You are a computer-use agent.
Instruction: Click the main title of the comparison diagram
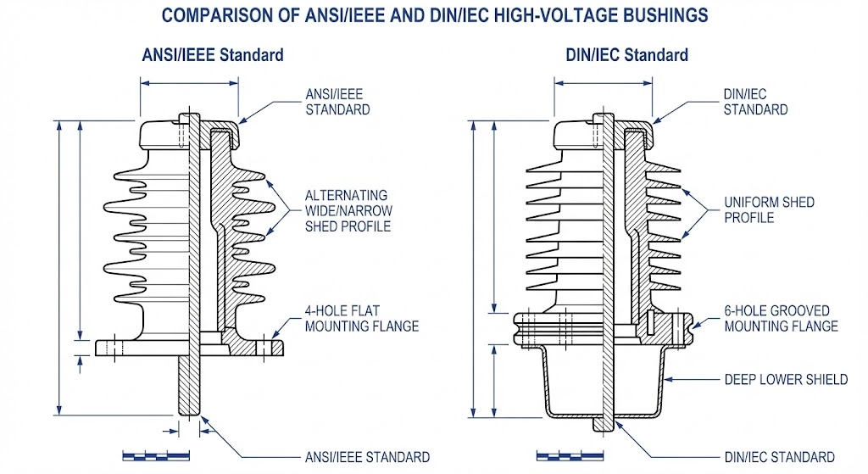[x=434, y=15]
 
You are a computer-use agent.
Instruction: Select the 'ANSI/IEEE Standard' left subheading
[x=212, y=55]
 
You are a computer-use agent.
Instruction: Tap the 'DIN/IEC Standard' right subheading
[x=626, y=55]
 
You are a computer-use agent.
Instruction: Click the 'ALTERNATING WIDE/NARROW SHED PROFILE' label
[x=348, y=210]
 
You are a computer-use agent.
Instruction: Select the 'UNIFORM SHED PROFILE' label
[x=769, y=209]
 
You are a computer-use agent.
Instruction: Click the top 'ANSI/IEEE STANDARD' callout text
[x=337, y=102]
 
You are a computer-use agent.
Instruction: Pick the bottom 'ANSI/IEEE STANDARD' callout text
[x=367, y=457]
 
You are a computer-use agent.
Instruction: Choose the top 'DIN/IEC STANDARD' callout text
[x=755, y=102]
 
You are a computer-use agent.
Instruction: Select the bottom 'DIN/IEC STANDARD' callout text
[x=781, y=457]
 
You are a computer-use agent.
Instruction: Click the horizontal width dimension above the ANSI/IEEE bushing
[x=189, y=83]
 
